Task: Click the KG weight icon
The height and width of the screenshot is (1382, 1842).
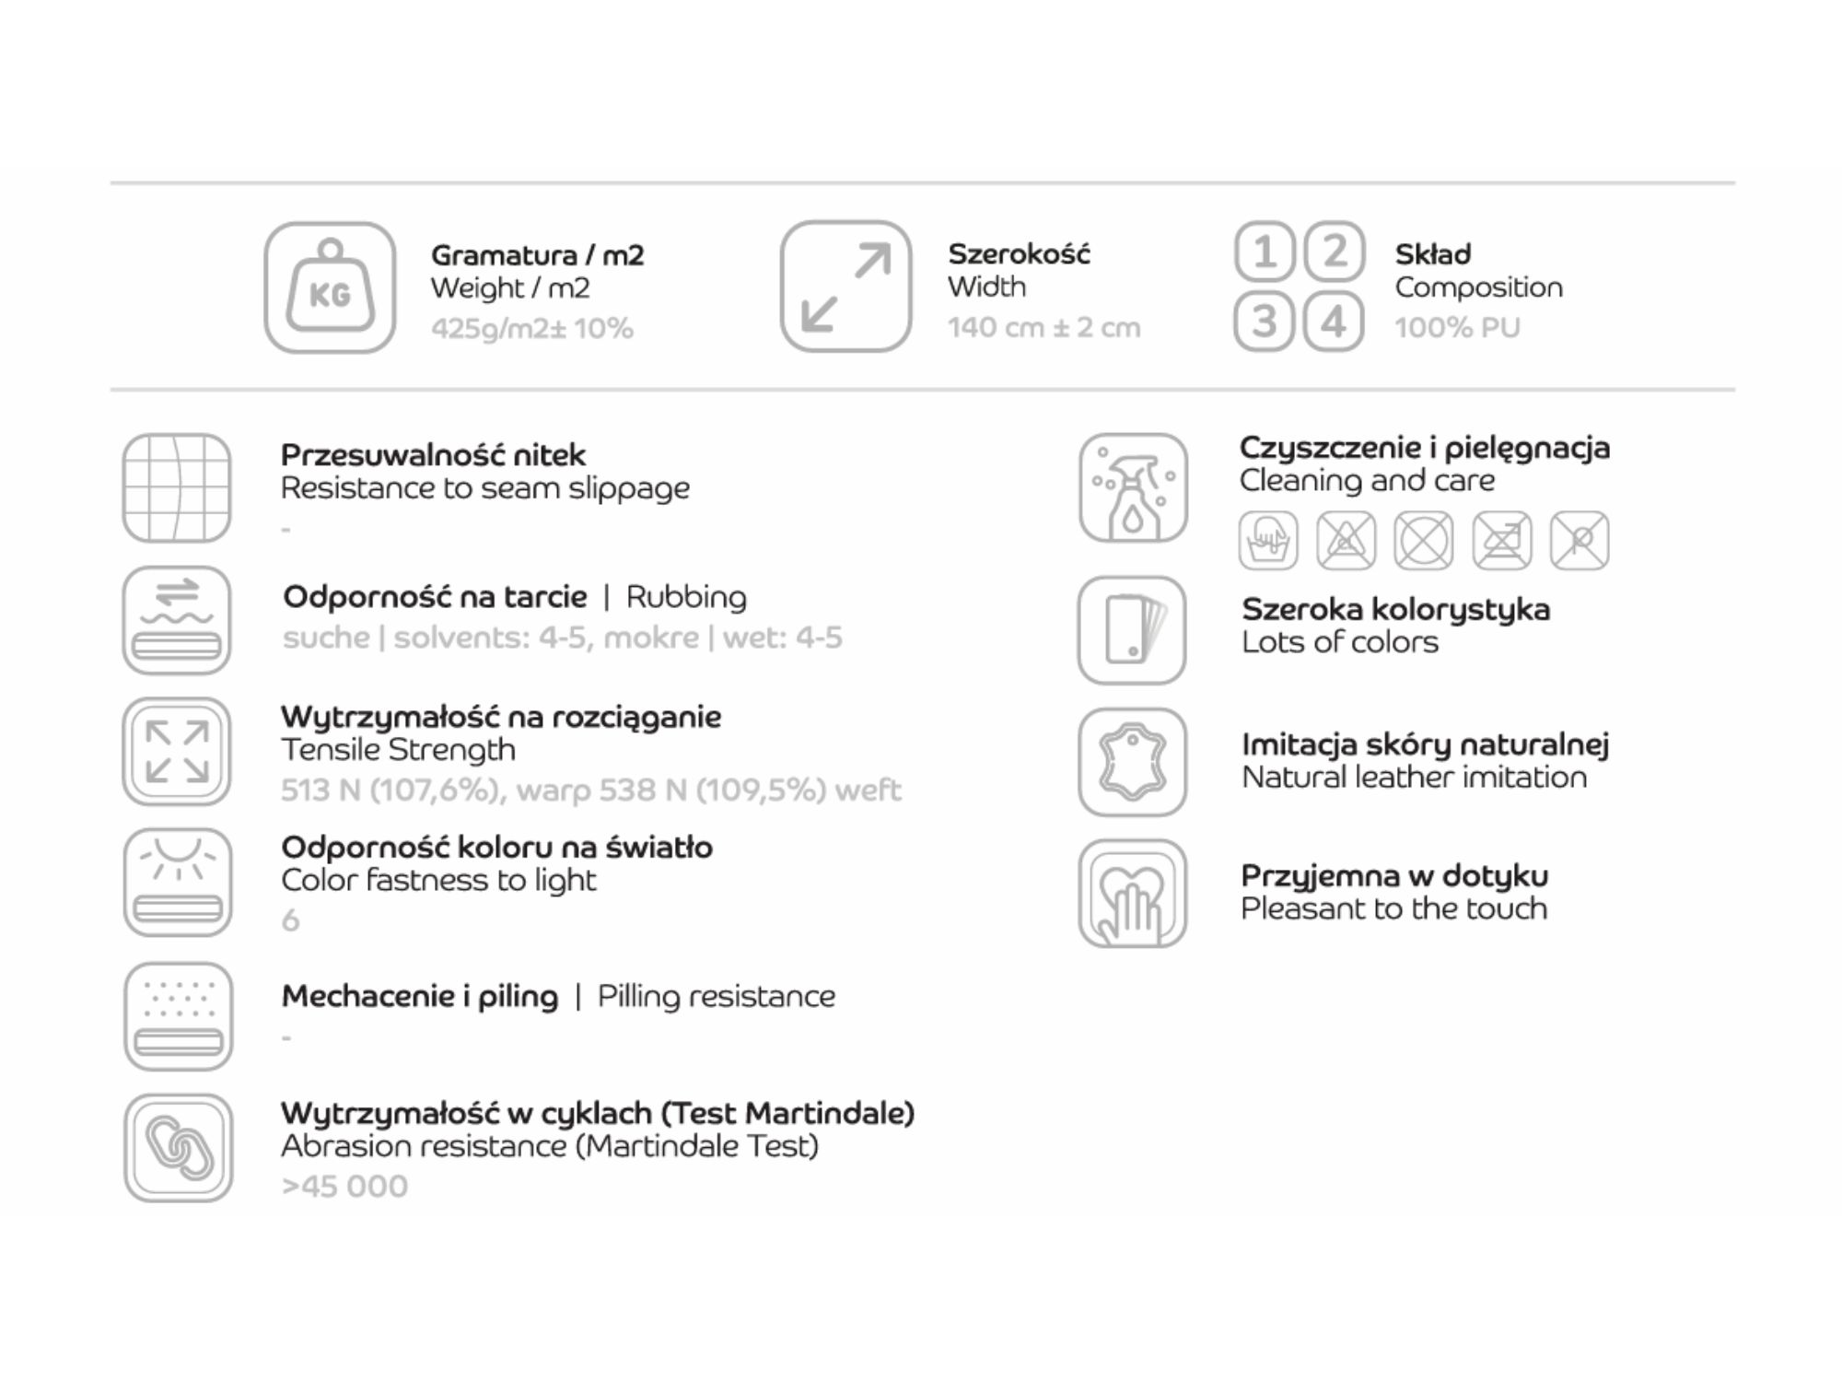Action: pyautogui.click(x=330, y=287)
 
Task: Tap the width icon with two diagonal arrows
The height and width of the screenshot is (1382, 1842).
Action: pyautogui.click(x=845, y=287)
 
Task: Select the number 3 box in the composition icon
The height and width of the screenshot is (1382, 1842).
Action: pyautogui.click(x=1265, y=322)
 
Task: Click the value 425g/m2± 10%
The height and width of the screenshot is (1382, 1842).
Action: pyautogui.click(x=532, y=329)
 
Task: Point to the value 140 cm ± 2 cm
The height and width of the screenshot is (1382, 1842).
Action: pyautogui.click(x=1044, y=328)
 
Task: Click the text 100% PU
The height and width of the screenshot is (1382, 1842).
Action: pyautogui.click(x=1457, y=328)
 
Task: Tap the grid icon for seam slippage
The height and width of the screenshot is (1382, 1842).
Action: pyautogui.click(x=177, y=488)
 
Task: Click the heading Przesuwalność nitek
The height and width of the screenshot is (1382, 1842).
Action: pyautogui.click(x=433, y=455)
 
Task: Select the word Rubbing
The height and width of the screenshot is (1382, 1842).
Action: pyautogui.click(x=686, y=598)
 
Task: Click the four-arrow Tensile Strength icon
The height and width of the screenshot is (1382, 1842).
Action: pyautogui.click(x=177, y=752)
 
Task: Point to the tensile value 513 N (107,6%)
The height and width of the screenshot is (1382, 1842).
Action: pyautogui.click(x=391, y=791)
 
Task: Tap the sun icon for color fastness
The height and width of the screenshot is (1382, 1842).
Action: pyautogui.click(x=178, y=883)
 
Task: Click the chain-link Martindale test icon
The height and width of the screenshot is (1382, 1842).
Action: pyautogui.click(x=179, y=1148)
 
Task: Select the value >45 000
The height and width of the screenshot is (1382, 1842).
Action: pyautogui.click(x=344, y=1187)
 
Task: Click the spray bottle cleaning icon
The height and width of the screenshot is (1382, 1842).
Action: pyautogui.click(x=1134, y=488)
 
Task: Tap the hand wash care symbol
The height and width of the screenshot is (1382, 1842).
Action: pyautogui.click(x=1269, y=540)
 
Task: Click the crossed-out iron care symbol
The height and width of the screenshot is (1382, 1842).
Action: pyautogui.click(x=1502, y=540)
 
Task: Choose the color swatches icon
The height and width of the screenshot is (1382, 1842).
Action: pyautogui.click(x=1132, y=630)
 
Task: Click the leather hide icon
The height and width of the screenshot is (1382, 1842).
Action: pyautogui.click(x=1133, y=762)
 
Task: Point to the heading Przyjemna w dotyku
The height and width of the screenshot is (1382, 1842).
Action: pyautogui.click(x=1394, y=876)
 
